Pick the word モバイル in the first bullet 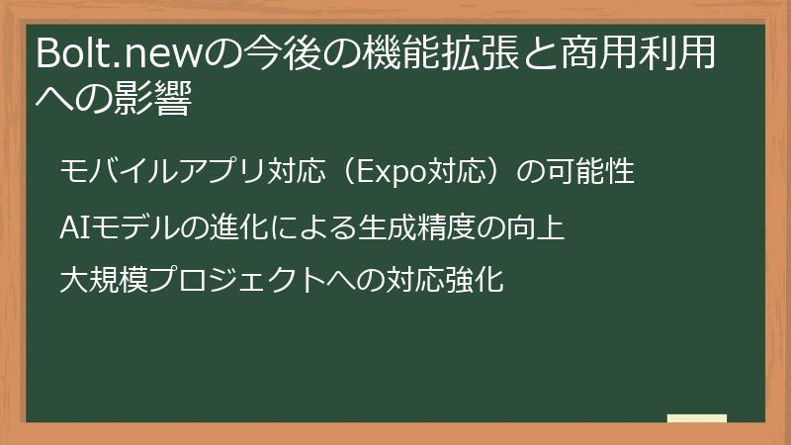(108, 172)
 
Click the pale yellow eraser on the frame (697, 417)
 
